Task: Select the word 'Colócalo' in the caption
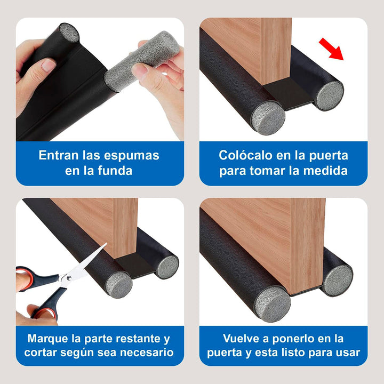coord(244,155)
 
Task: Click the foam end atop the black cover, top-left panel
coord(69,34)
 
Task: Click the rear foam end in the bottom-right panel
coord(338,280)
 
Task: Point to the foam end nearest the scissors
coord(119,284)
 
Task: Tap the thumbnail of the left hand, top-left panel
coord(49,66)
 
